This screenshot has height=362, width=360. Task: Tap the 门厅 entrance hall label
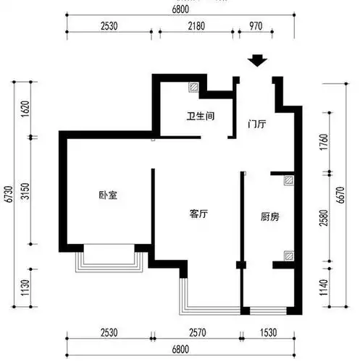[x=256, y=124]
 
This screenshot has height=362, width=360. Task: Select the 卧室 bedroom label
[x=109, y=195]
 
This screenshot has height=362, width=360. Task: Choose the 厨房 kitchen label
[x=271, y=216]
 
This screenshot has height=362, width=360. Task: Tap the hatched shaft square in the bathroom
[x=194, y=86]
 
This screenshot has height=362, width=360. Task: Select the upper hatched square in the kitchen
[x=288, y=180]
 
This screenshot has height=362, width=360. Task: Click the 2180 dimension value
[x=195, y=27]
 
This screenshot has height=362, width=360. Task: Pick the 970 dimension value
[x=255, y=27]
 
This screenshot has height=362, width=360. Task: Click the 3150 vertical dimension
[x=22, y=192]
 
